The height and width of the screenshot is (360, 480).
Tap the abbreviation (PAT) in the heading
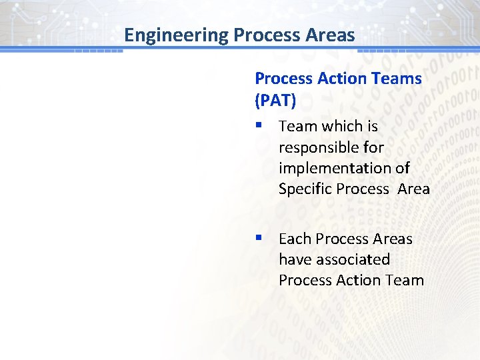click(x=276, y=100)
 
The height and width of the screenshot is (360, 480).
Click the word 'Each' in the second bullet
click(x=295, y=239)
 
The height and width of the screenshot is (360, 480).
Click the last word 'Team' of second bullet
click(x=405, y=280)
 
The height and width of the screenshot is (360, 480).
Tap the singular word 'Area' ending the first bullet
click(x=414, y=189)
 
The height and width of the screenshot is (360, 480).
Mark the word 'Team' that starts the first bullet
click(x=298, y=126)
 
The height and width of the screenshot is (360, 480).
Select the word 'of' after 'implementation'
click(x=402, y=167)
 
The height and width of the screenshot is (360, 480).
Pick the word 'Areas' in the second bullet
click(x=391, y=239)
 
